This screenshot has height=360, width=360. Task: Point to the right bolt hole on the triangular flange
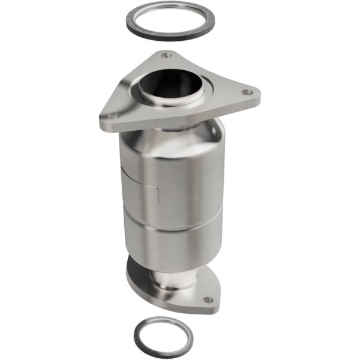click(246, 93)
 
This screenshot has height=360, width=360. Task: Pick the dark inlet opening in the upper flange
click(170, 83)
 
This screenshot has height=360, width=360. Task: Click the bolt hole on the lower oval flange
click(208, 299)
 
